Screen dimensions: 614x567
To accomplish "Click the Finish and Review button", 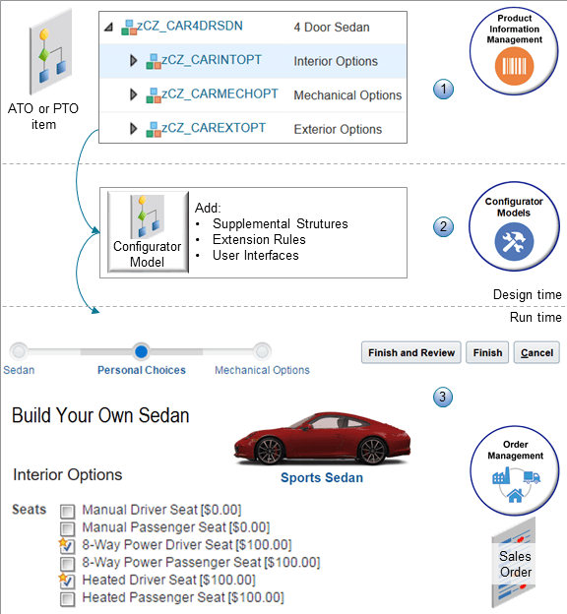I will click(x=410, y=352).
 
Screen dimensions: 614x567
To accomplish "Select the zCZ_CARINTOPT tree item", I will click(x=213, y=61).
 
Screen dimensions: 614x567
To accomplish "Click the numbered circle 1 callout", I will click(x=443, y=89).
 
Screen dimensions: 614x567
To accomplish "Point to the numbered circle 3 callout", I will click(x=443, y=398).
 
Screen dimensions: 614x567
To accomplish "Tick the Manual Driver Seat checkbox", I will click(x=68, y=511).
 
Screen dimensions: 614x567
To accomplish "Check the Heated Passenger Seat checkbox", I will click(x=68, y=597).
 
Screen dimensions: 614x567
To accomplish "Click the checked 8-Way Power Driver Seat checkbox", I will click(x=68, y=545).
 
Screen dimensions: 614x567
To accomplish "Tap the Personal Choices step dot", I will click(x=141, y=351).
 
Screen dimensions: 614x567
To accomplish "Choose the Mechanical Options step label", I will click(x=262, y=370).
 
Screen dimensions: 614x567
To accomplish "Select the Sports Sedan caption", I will click(x=322, y=478).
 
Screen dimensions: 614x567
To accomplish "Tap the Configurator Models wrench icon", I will click(x=521, y=242).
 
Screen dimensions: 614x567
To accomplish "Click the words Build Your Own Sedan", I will click(x=100, y=416).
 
